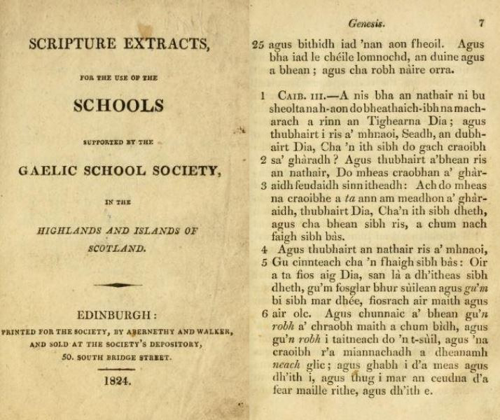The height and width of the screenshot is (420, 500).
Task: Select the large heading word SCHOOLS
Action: (x=118, y=106)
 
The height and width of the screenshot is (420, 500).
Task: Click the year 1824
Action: (x=117, y=381)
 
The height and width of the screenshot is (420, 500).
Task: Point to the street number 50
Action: (x=67, y=357)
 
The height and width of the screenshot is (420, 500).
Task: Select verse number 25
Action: (x=257, y=45)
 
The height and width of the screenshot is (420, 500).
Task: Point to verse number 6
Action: (x=265, y=313)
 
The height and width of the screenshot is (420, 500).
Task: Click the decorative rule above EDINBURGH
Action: (x=117, y=284)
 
